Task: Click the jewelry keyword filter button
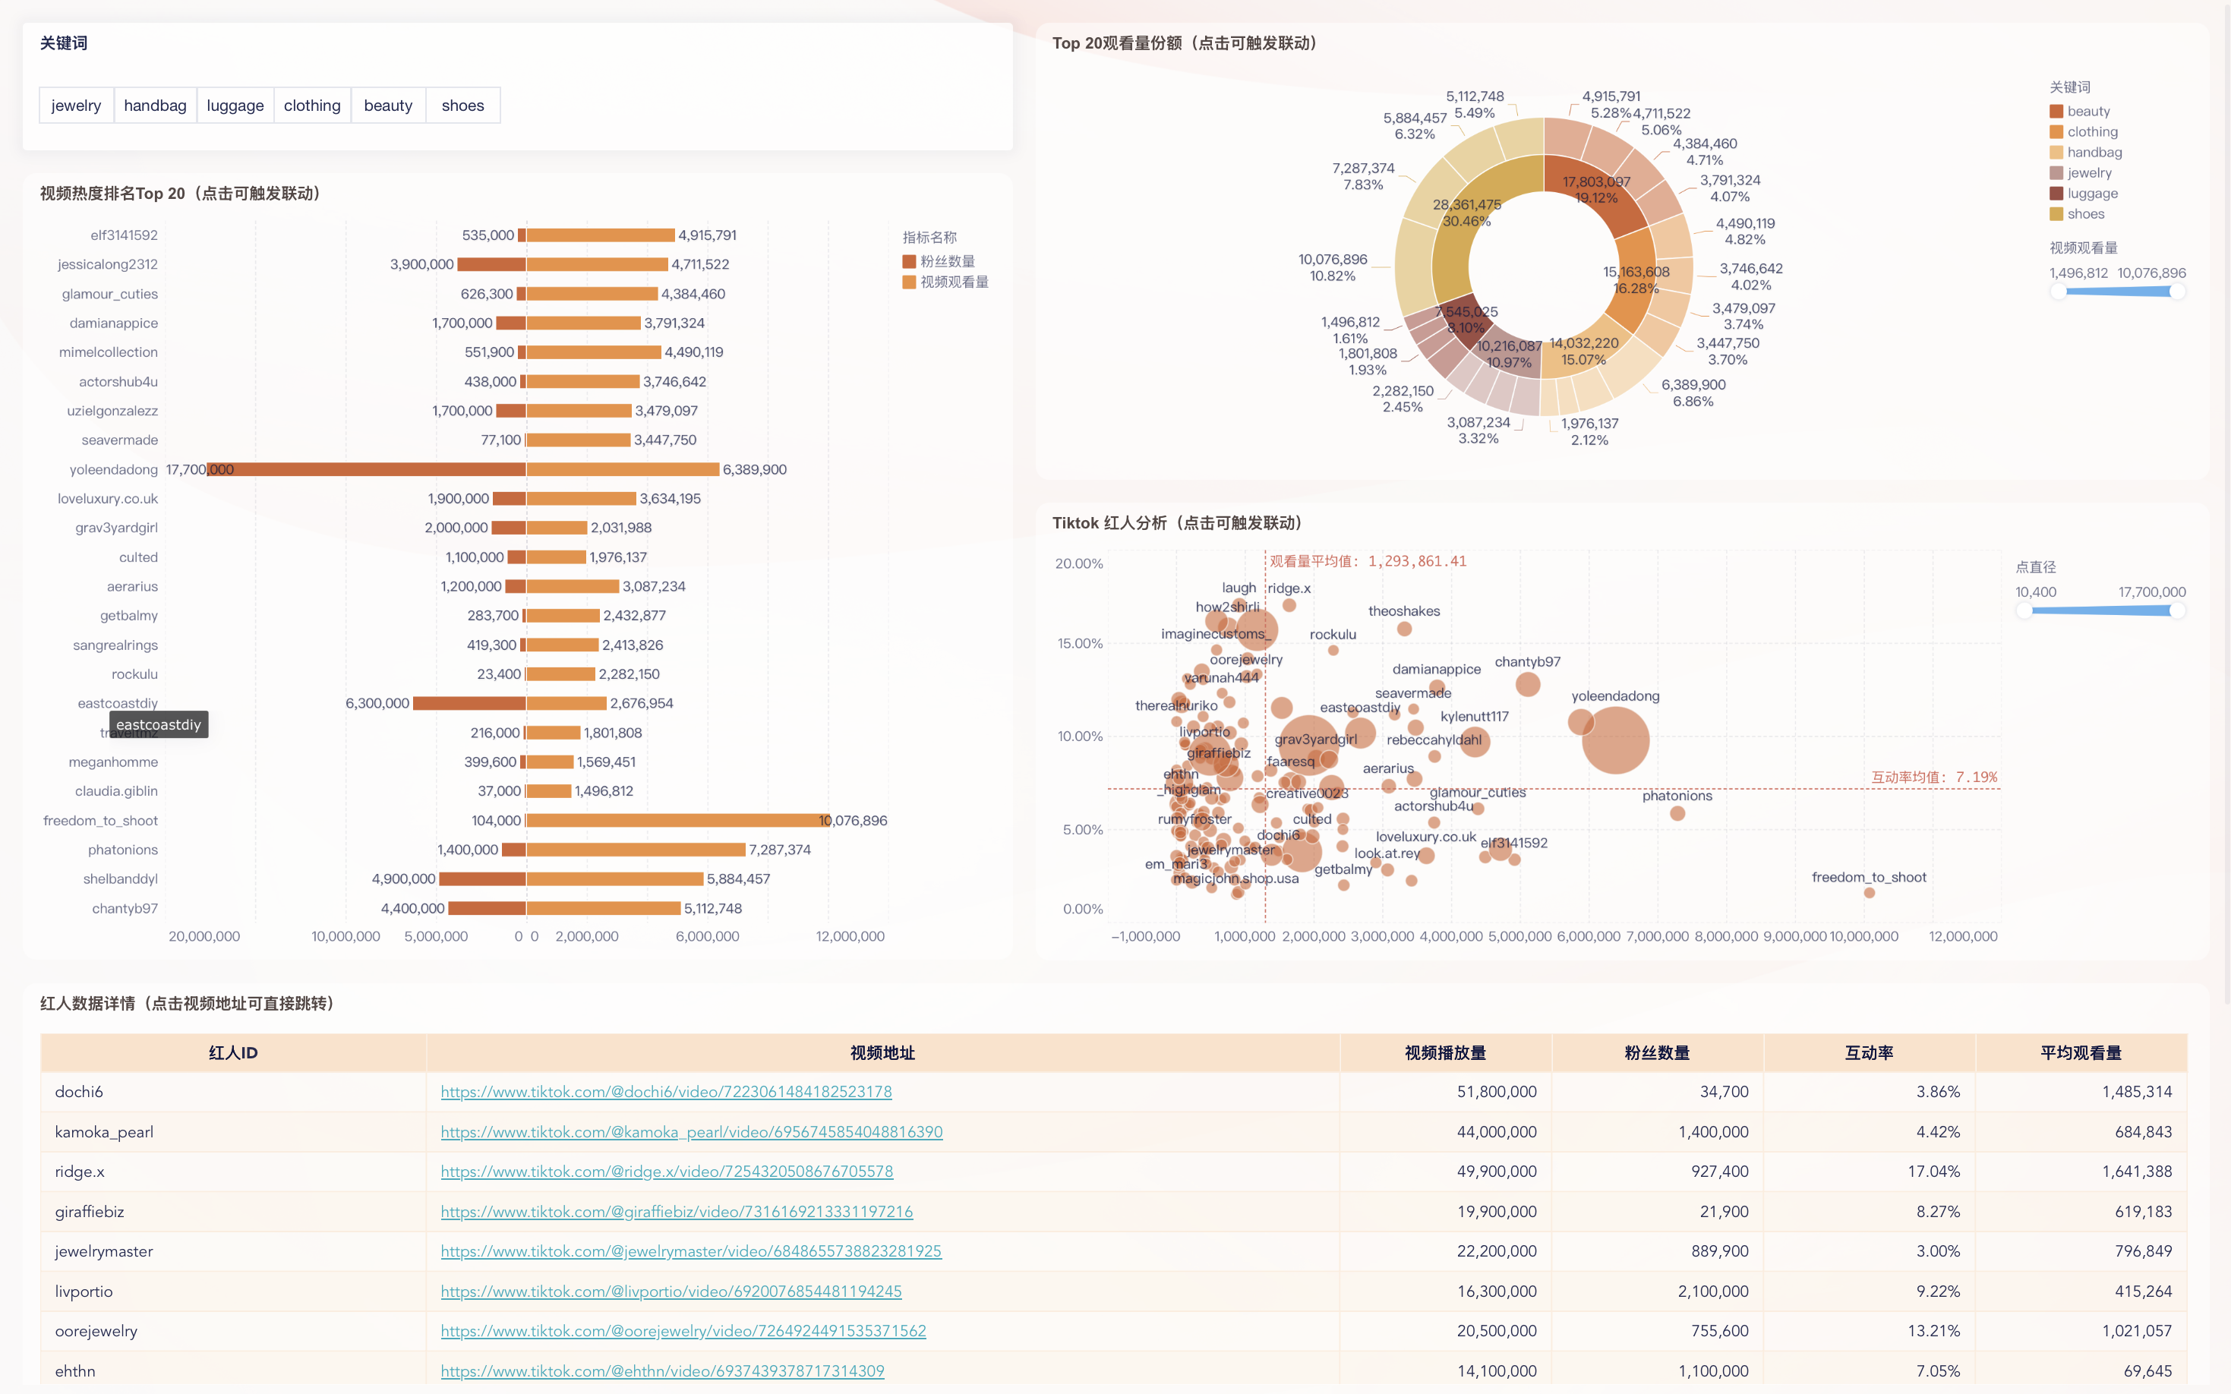pyautogui.click(x=76, y=105)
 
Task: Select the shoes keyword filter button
pyautogui.click(x=462, y=105)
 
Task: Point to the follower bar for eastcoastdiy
pyautogui.click(x=469, y=703)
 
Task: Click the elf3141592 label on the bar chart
pyautogui.click(x=124, y=235)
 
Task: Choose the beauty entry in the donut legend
pyautogui.click(x=2087, y=112)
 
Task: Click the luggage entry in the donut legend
pyautogui.click(x=2091, y=194)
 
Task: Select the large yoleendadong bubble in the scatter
pyautogui.click(x=1614, y=740)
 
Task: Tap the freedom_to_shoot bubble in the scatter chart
pyautogui.click(x=1869, y=892)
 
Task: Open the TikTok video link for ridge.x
pyautogui.click(x=666, y=1171)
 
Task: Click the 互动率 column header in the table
pyautogui.click(x=1868, y=1052)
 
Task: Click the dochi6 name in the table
pyautogui.click(x=79, y=1092)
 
